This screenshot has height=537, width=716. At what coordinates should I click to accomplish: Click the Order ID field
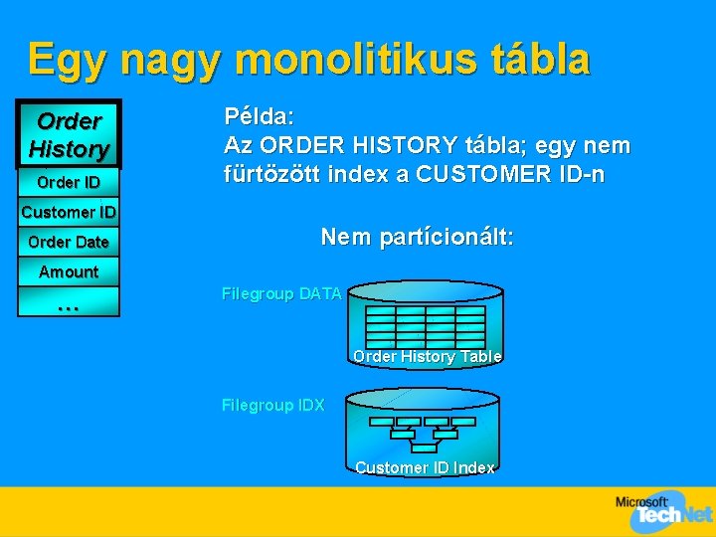pos(69,182)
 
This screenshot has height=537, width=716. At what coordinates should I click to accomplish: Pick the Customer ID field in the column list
pos(69,212)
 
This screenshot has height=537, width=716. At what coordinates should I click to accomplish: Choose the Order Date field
pos(69,242)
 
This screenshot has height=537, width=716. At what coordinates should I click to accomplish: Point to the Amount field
pos(69,271)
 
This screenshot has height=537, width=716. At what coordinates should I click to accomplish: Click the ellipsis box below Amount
pos(69,302)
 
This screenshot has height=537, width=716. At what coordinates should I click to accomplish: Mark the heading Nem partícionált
pos(417,237)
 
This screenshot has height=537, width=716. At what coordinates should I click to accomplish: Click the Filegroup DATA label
pos(281,294)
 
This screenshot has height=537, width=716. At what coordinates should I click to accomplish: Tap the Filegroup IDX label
pos(272,405)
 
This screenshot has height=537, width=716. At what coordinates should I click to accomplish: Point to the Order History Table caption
pos(427,356)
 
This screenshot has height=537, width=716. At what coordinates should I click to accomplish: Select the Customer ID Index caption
pos(425,467)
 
